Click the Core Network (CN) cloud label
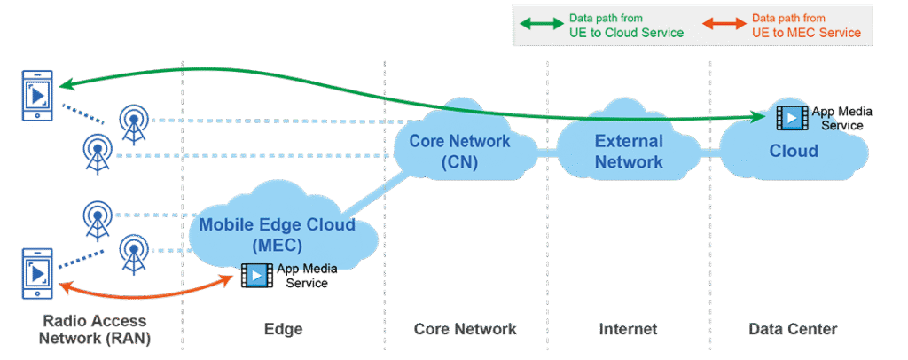coord(459,152)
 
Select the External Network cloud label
coord(629,152)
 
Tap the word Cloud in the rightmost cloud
coord(794,151)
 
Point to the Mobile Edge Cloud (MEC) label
coord(277,234)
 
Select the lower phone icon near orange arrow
coord(33,275)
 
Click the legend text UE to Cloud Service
coord(626,33)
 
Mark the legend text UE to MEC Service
coord(806,33)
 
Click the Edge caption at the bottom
coord(283,329)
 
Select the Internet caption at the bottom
coord(628,329)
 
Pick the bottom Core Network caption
coord(466,329)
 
